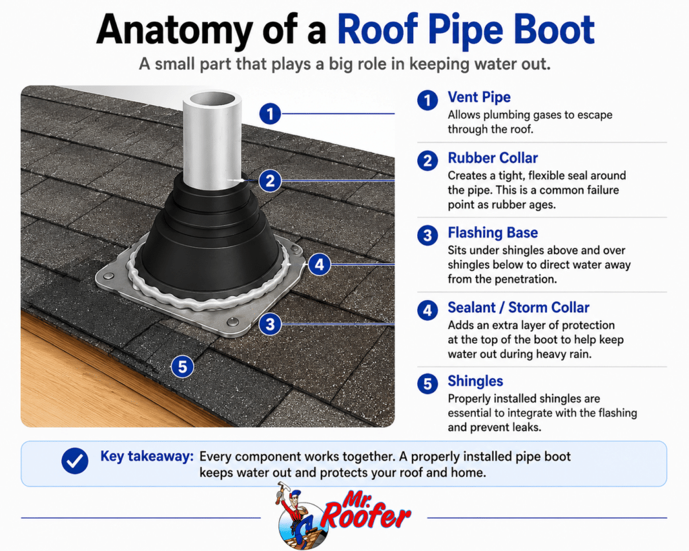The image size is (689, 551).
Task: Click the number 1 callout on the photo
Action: [270, 114]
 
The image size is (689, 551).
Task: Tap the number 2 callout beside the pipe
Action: [270, 180]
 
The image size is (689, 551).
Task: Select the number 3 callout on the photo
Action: [270, 324]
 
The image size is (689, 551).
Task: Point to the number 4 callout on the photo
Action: [319, 264]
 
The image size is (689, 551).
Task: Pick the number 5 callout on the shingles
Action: [182, 366]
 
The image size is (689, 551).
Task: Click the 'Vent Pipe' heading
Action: [479, 97]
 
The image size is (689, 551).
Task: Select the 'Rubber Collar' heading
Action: [493, 157]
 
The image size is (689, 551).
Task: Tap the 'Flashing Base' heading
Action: [493, 232]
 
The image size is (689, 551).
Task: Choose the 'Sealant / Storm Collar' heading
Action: [519, 307]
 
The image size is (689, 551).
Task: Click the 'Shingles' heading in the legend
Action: [476, 381]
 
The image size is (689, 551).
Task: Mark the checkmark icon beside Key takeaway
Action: [75, 460]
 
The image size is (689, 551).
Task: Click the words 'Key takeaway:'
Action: [147, 457]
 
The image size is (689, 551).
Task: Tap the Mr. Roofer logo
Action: [342, 516]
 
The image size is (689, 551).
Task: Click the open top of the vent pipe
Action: [212, 98]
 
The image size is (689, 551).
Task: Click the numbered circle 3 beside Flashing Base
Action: [427, 235]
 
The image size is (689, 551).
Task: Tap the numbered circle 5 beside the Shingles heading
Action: [427, 384]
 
